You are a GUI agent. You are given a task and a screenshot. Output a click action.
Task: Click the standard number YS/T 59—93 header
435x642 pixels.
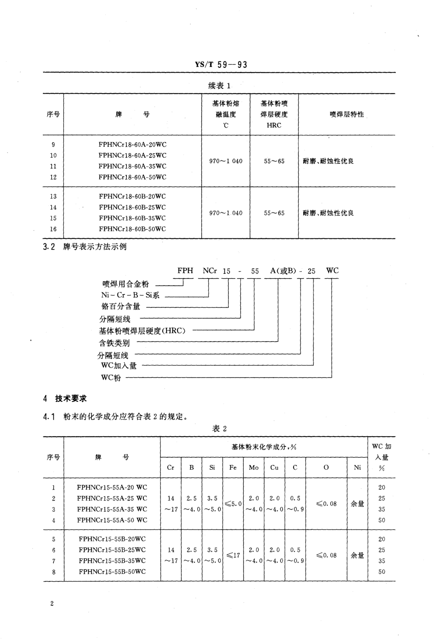point(221,65)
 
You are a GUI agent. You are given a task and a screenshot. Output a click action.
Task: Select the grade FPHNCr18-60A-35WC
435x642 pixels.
point(132,166)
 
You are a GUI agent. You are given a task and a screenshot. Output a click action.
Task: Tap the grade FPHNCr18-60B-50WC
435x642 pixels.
point(132,229)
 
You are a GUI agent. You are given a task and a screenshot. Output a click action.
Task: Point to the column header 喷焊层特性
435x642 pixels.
point(347,114)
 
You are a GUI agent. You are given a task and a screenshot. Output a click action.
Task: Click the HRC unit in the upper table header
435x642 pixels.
point(274,125)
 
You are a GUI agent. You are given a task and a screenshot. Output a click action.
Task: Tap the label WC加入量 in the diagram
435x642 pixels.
point(119,366)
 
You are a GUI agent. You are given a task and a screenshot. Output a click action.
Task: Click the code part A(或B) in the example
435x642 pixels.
point(283,271)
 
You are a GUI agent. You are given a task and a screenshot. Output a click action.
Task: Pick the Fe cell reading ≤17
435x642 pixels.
point(233,555)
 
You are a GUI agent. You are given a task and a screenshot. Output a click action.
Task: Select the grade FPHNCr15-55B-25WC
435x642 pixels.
point(112,550)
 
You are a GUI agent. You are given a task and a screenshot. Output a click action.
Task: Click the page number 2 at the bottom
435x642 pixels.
point(52,611)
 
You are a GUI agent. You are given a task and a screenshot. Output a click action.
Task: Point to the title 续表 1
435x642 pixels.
point(219,86)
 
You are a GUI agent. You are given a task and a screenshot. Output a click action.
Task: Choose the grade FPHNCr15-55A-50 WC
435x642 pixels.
point(112,520)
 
